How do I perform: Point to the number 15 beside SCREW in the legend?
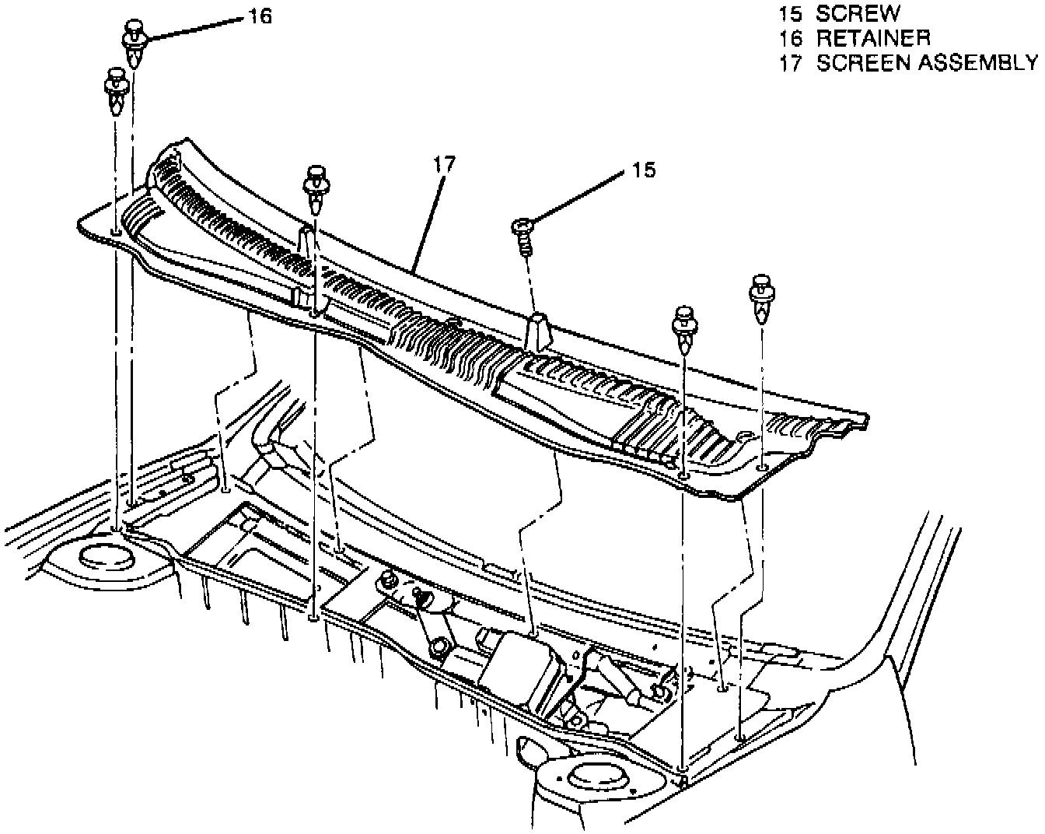[791, 13]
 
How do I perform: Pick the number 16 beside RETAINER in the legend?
[791, 37]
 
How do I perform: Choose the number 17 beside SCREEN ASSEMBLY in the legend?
[791, 62]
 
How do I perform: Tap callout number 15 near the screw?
[644, 170]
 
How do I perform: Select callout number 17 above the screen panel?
[445, 164]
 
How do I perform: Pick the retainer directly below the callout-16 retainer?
[116, 89]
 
